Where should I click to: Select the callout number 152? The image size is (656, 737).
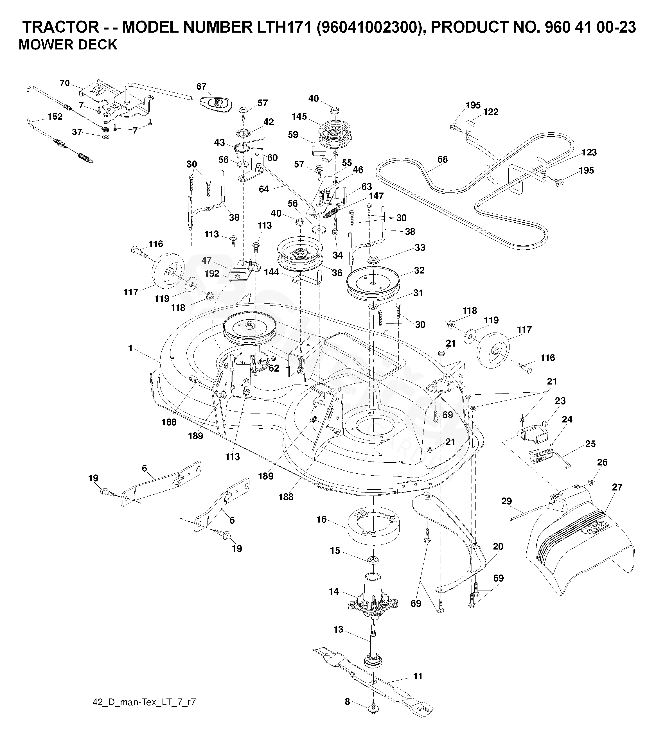click(55, 116)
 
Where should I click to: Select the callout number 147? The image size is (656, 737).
click(376, 196)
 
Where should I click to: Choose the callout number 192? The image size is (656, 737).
click(212, 273)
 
